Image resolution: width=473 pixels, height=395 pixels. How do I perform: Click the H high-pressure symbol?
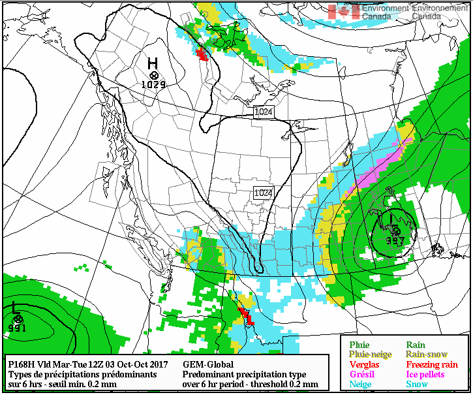click(152, 63)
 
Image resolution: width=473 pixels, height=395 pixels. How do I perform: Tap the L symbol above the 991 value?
click(15, 306)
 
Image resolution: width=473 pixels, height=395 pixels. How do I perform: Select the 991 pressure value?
click(17, 328)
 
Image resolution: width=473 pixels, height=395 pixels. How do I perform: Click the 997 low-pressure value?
click(395, 240)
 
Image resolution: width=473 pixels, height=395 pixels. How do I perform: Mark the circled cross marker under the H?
click(154, 76)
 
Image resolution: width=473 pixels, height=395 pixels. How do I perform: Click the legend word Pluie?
click(359, 345)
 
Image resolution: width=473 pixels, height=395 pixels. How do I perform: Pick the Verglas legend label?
click(364, 364)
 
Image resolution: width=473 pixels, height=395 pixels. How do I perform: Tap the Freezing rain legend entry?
click(432, 364)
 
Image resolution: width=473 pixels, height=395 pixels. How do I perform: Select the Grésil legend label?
click(361, 374)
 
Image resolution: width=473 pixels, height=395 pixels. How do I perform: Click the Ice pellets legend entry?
click(425, 374)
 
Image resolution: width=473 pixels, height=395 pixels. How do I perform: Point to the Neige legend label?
click(360, 385)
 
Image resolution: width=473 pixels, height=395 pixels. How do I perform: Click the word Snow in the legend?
click(418, 385)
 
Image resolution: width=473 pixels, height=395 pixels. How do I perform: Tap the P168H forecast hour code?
click(22, 364)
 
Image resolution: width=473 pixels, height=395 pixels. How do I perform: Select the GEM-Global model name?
click(208, 364)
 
